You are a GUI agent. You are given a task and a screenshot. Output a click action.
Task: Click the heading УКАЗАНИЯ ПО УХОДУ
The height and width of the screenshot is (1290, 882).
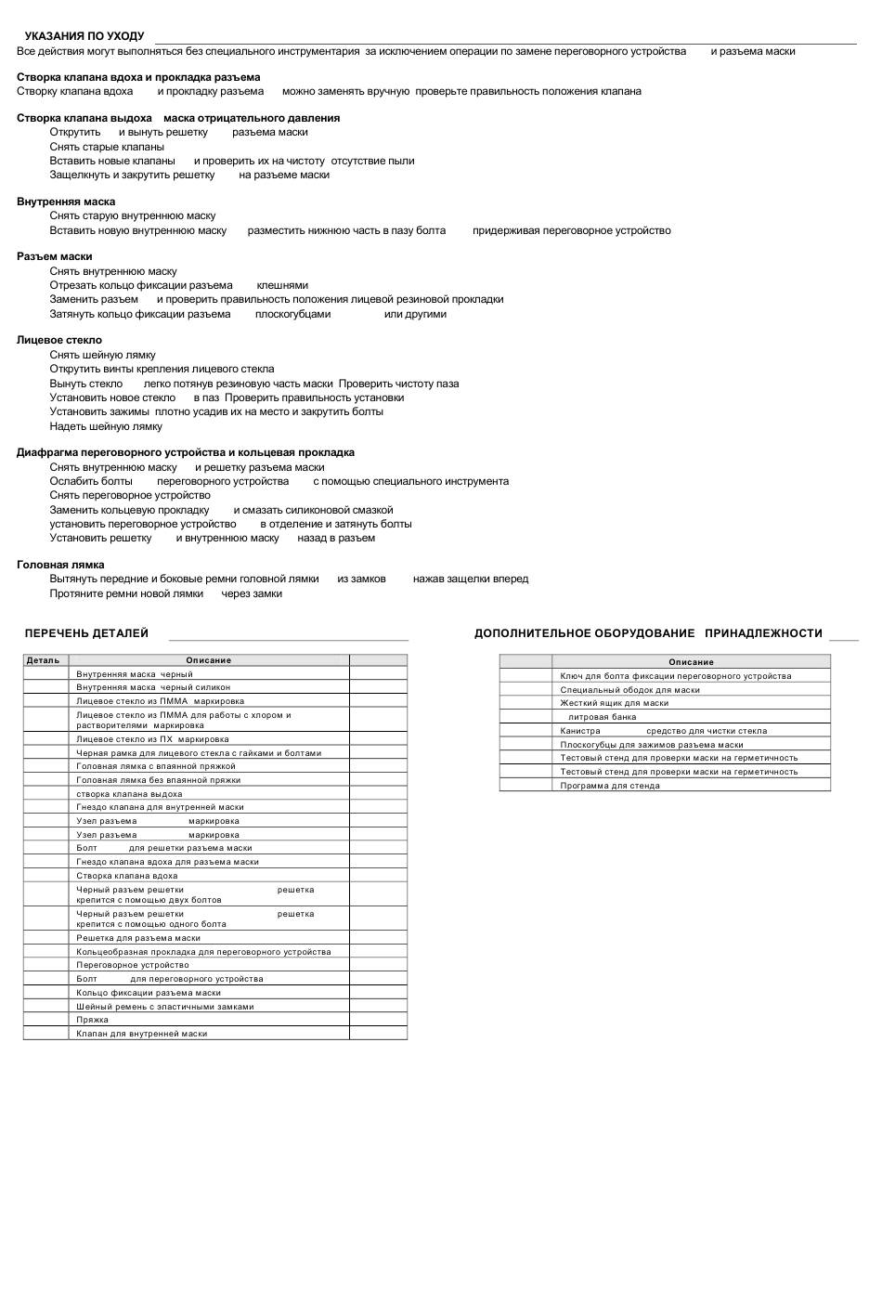[84, 36]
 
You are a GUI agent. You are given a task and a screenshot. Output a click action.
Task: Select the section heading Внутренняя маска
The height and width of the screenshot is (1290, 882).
[66, 202]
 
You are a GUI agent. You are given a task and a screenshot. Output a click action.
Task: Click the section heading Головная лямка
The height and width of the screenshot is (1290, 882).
[60, 565]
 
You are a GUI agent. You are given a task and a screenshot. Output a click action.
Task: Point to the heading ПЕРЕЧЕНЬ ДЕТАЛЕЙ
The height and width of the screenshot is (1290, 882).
[86, 633]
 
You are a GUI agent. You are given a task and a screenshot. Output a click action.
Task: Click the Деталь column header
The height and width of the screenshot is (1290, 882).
[44, 660]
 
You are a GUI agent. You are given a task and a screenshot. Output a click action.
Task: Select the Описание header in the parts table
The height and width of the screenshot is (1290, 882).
[209, 660]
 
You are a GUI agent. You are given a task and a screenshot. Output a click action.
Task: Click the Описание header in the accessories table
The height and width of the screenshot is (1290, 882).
[692, 662]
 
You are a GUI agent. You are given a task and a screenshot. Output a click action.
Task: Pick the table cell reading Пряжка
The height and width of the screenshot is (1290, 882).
[93, 1020]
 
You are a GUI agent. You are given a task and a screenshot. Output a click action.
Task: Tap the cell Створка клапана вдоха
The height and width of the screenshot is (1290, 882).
[127, 876]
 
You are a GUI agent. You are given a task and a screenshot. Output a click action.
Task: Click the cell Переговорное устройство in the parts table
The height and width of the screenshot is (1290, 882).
[133, 965]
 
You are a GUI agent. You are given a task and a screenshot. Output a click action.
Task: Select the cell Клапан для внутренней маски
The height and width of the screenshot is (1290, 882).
[142, 1034]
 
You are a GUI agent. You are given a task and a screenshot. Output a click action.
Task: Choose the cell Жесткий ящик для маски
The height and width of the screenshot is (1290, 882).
[615, 703]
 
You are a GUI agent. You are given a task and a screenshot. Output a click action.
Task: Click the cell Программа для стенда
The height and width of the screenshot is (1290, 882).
[610, 786]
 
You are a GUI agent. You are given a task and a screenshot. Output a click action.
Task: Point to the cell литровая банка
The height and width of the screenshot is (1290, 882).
[603, 717]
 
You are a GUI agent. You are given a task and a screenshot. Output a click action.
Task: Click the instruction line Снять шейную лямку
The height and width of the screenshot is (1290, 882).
[103, 355]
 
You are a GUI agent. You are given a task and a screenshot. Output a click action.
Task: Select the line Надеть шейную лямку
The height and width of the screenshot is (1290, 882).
[106, 426]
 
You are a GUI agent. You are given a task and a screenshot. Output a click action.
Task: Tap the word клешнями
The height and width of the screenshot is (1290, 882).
[282, 285]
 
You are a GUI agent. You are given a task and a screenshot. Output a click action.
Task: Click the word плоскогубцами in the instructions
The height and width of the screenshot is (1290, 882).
[292, 314]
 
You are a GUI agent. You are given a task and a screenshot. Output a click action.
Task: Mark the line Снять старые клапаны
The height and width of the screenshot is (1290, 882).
[107, 147]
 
